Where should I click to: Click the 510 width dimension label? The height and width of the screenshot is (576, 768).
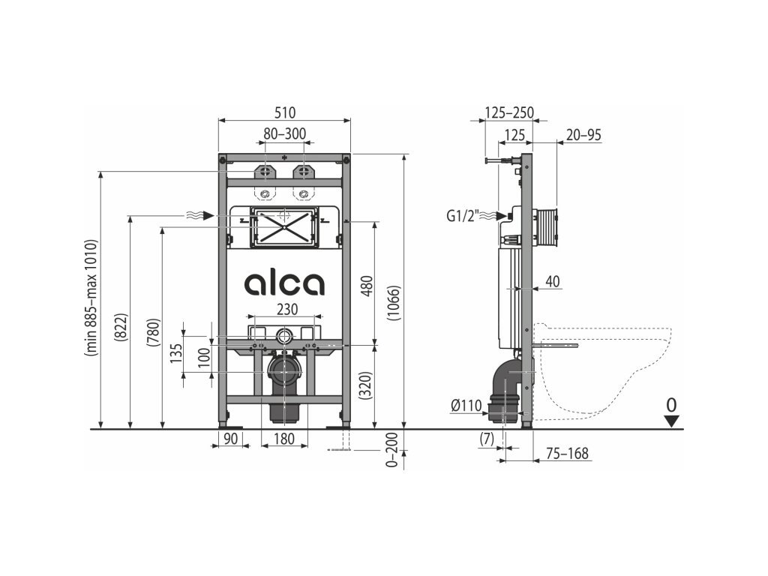point(284,112)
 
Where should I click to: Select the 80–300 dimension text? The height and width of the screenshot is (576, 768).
point(284,133)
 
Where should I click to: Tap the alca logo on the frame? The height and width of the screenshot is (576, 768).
point(284,283)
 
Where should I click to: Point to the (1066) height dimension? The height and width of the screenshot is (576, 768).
point(394,303)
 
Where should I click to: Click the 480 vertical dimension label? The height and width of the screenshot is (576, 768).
point(367,286)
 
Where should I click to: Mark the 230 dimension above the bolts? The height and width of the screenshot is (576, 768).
point(287,309)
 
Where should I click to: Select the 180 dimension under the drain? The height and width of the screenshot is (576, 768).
point(284,438)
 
